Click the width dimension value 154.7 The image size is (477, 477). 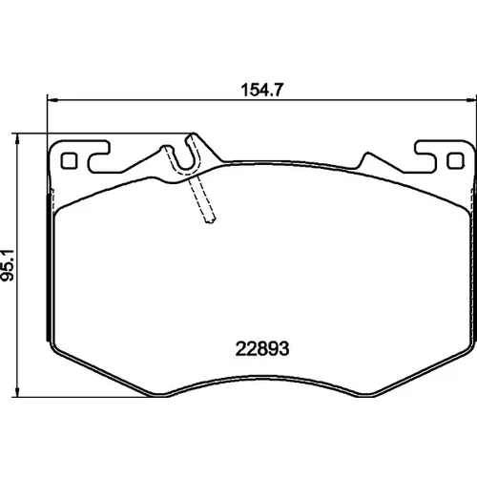pos(261,90)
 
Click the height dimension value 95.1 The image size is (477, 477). pos(8,265)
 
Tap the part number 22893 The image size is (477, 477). pos(262,348)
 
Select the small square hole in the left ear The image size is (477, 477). pos(69,161)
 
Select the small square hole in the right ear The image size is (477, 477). pos(455,161)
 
